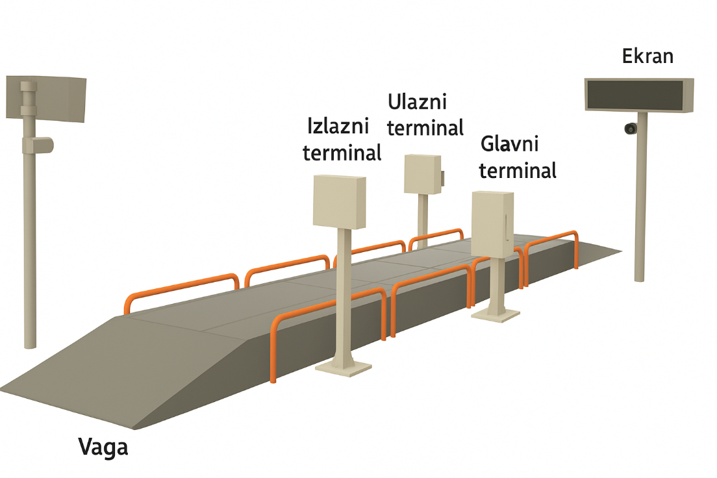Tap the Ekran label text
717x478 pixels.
(x=648, y=56)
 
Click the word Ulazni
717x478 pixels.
(x=417, y=102)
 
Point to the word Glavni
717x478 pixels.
(x=510, y=144)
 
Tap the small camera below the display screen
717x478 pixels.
(x=630, y=129)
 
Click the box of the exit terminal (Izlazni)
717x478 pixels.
(x=340, y=201)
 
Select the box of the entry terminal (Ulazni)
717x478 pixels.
(x=422, y=174)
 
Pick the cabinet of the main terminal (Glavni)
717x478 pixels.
(x=492, y=223)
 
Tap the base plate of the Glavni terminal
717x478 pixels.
(x=496, y=314)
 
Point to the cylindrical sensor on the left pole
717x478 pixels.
(x=38, y=144)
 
